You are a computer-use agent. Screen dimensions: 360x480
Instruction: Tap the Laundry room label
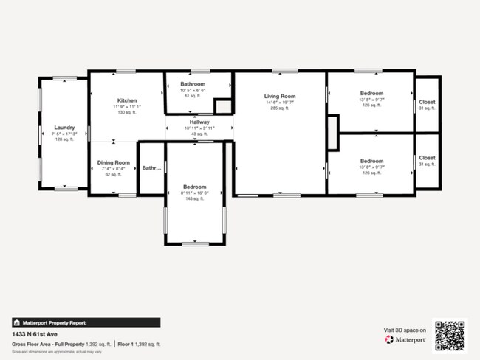pyautogui.click(x=64, y=127)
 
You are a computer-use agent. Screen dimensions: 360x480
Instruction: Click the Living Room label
pyautogui.click(x=281, y=97)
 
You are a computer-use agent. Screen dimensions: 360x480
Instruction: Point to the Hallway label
pyautogui.click(x=199, y=122)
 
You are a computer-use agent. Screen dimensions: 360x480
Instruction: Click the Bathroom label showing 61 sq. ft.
pyautogui.click(x=194, y=84)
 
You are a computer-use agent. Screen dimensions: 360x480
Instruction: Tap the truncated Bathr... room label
pyautogui.click(x=151, y=168)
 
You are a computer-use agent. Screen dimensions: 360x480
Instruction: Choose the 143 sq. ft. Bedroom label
pyautogui.click(x=195, y=187)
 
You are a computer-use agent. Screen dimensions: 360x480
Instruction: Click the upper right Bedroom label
pyautogui.click(x=371, y=94)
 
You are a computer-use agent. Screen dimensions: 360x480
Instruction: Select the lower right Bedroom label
pyautogui.click(x=371, y=161)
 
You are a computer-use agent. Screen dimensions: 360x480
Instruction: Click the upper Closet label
pyautogui.click(x=427, y=103)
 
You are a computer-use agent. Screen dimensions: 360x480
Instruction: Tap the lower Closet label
pyautogui.click(x=427, y=158)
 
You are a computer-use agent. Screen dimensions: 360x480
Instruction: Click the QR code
pyautogui.click(x=450, y=335)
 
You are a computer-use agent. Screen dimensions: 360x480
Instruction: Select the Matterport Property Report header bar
pyautogui.click(x=85, y=322)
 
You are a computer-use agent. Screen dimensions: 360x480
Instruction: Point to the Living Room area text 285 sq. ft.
pyautogui.click(x=281, y=108)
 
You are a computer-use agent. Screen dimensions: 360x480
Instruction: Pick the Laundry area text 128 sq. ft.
pyautogui.click(x=64, y=139)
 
